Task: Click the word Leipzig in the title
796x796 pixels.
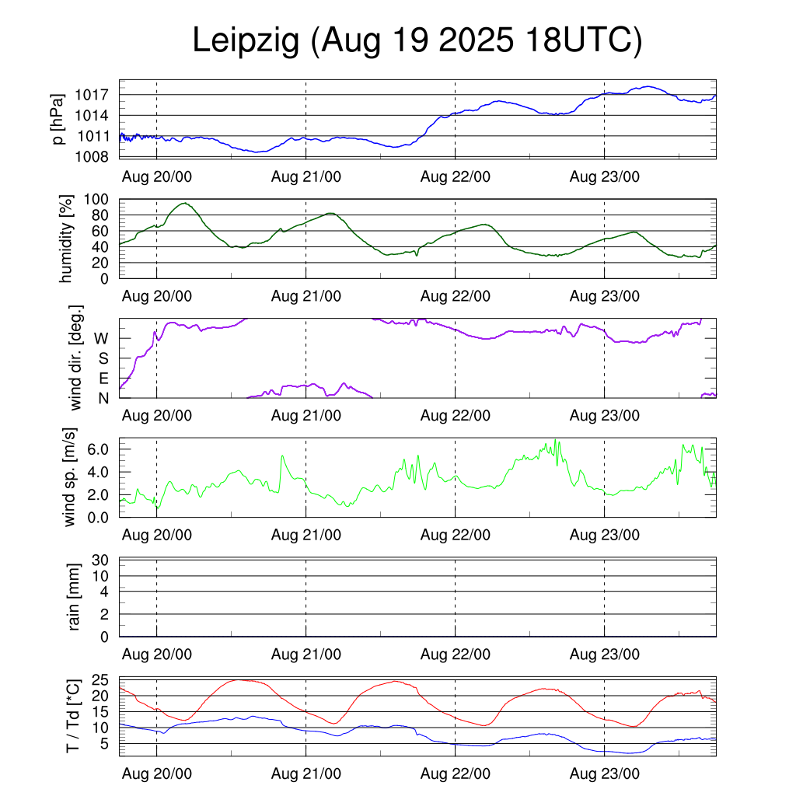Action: [x=246, y=42]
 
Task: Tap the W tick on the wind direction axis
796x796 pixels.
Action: [x=101, y=338]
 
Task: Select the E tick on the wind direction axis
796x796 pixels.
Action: [x=103, y=379]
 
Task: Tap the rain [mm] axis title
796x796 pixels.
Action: [x=75, y=597]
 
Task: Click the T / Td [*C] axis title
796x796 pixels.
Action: [x=72, y=715]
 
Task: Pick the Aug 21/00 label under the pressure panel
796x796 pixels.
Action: [x=306, y=176]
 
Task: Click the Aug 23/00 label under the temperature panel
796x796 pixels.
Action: [x=605, y=774]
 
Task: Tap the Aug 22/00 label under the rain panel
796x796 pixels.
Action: [x=456, y=655]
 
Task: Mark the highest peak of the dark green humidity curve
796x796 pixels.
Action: [x=184, y=203]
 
